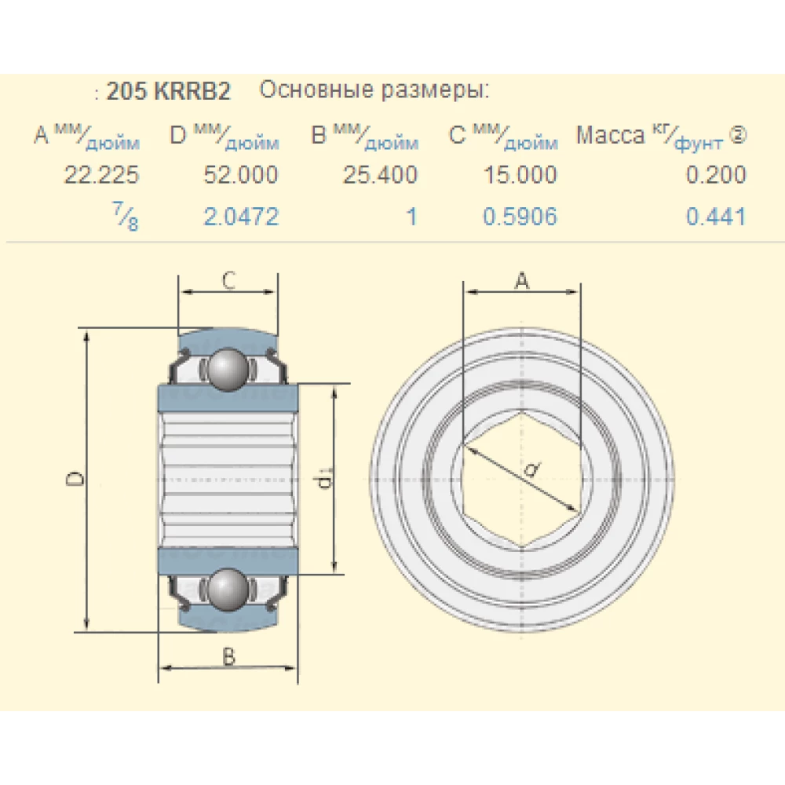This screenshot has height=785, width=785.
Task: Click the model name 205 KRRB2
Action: point(168,92)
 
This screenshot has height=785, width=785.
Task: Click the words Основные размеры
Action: point(374,90)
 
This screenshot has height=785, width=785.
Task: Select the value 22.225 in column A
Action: point(101,174)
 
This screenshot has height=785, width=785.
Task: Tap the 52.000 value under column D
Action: point(240,174)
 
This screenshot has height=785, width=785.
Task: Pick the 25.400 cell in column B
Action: point(380,174)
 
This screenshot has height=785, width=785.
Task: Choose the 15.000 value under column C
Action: point(520,174)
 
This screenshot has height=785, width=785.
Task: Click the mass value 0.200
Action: point(716,174)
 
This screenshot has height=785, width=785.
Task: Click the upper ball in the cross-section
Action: point(228,368)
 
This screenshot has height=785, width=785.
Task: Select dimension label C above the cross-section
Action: point(228,280)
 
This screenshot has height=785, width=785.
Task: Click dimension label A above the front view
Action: point(522,280)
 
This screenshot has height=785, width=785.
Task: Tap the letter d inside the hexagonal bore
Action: point(531,469)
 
